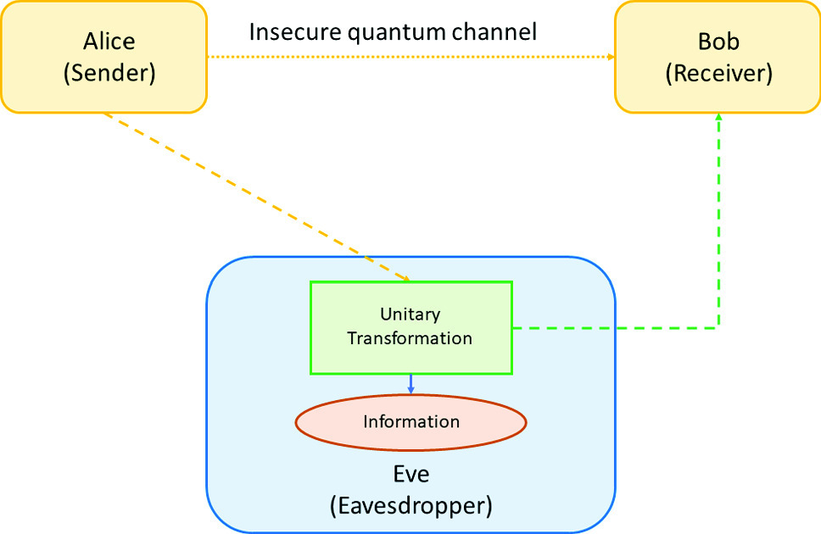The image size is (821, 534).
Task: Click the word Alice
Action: coord(109,42)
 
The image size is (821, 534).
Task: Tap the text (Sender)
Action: coord(109,73)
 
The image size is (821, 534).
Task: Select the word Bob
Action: coord(718,42)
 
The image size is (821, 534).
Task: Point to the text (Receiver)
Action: coord(719,73)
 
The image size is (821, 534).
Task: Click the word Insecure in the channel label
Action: coord(295,32)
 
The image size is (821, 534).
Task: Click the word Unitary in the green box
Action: coord(410,314)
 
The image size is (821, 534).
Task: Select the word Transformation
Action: coord(410,338)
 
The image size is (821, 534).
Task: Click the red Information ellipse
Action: coord(411,422)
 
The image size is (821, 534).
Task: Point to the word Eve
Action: coord(411,474)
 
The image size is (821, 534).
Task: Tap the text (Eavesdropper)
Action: coord(411,506)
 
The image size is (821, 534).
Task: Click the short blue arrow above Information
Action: coord(411,384)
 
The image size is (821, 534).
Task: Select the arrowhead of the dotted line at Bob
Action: coord(611,57)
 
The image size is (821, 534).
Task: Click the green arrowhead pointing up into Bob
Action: coord(719,117)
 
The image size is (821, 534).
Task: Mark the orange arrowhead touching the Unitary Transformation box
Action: coord(405,279)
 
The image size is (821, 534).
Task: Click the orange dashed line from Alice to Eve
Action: coord(257,197)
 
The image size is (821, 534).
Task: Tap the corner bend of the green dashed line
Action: coord(719,328)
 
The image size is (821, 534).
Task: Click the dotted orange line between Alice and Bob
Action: coord(411,57)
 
